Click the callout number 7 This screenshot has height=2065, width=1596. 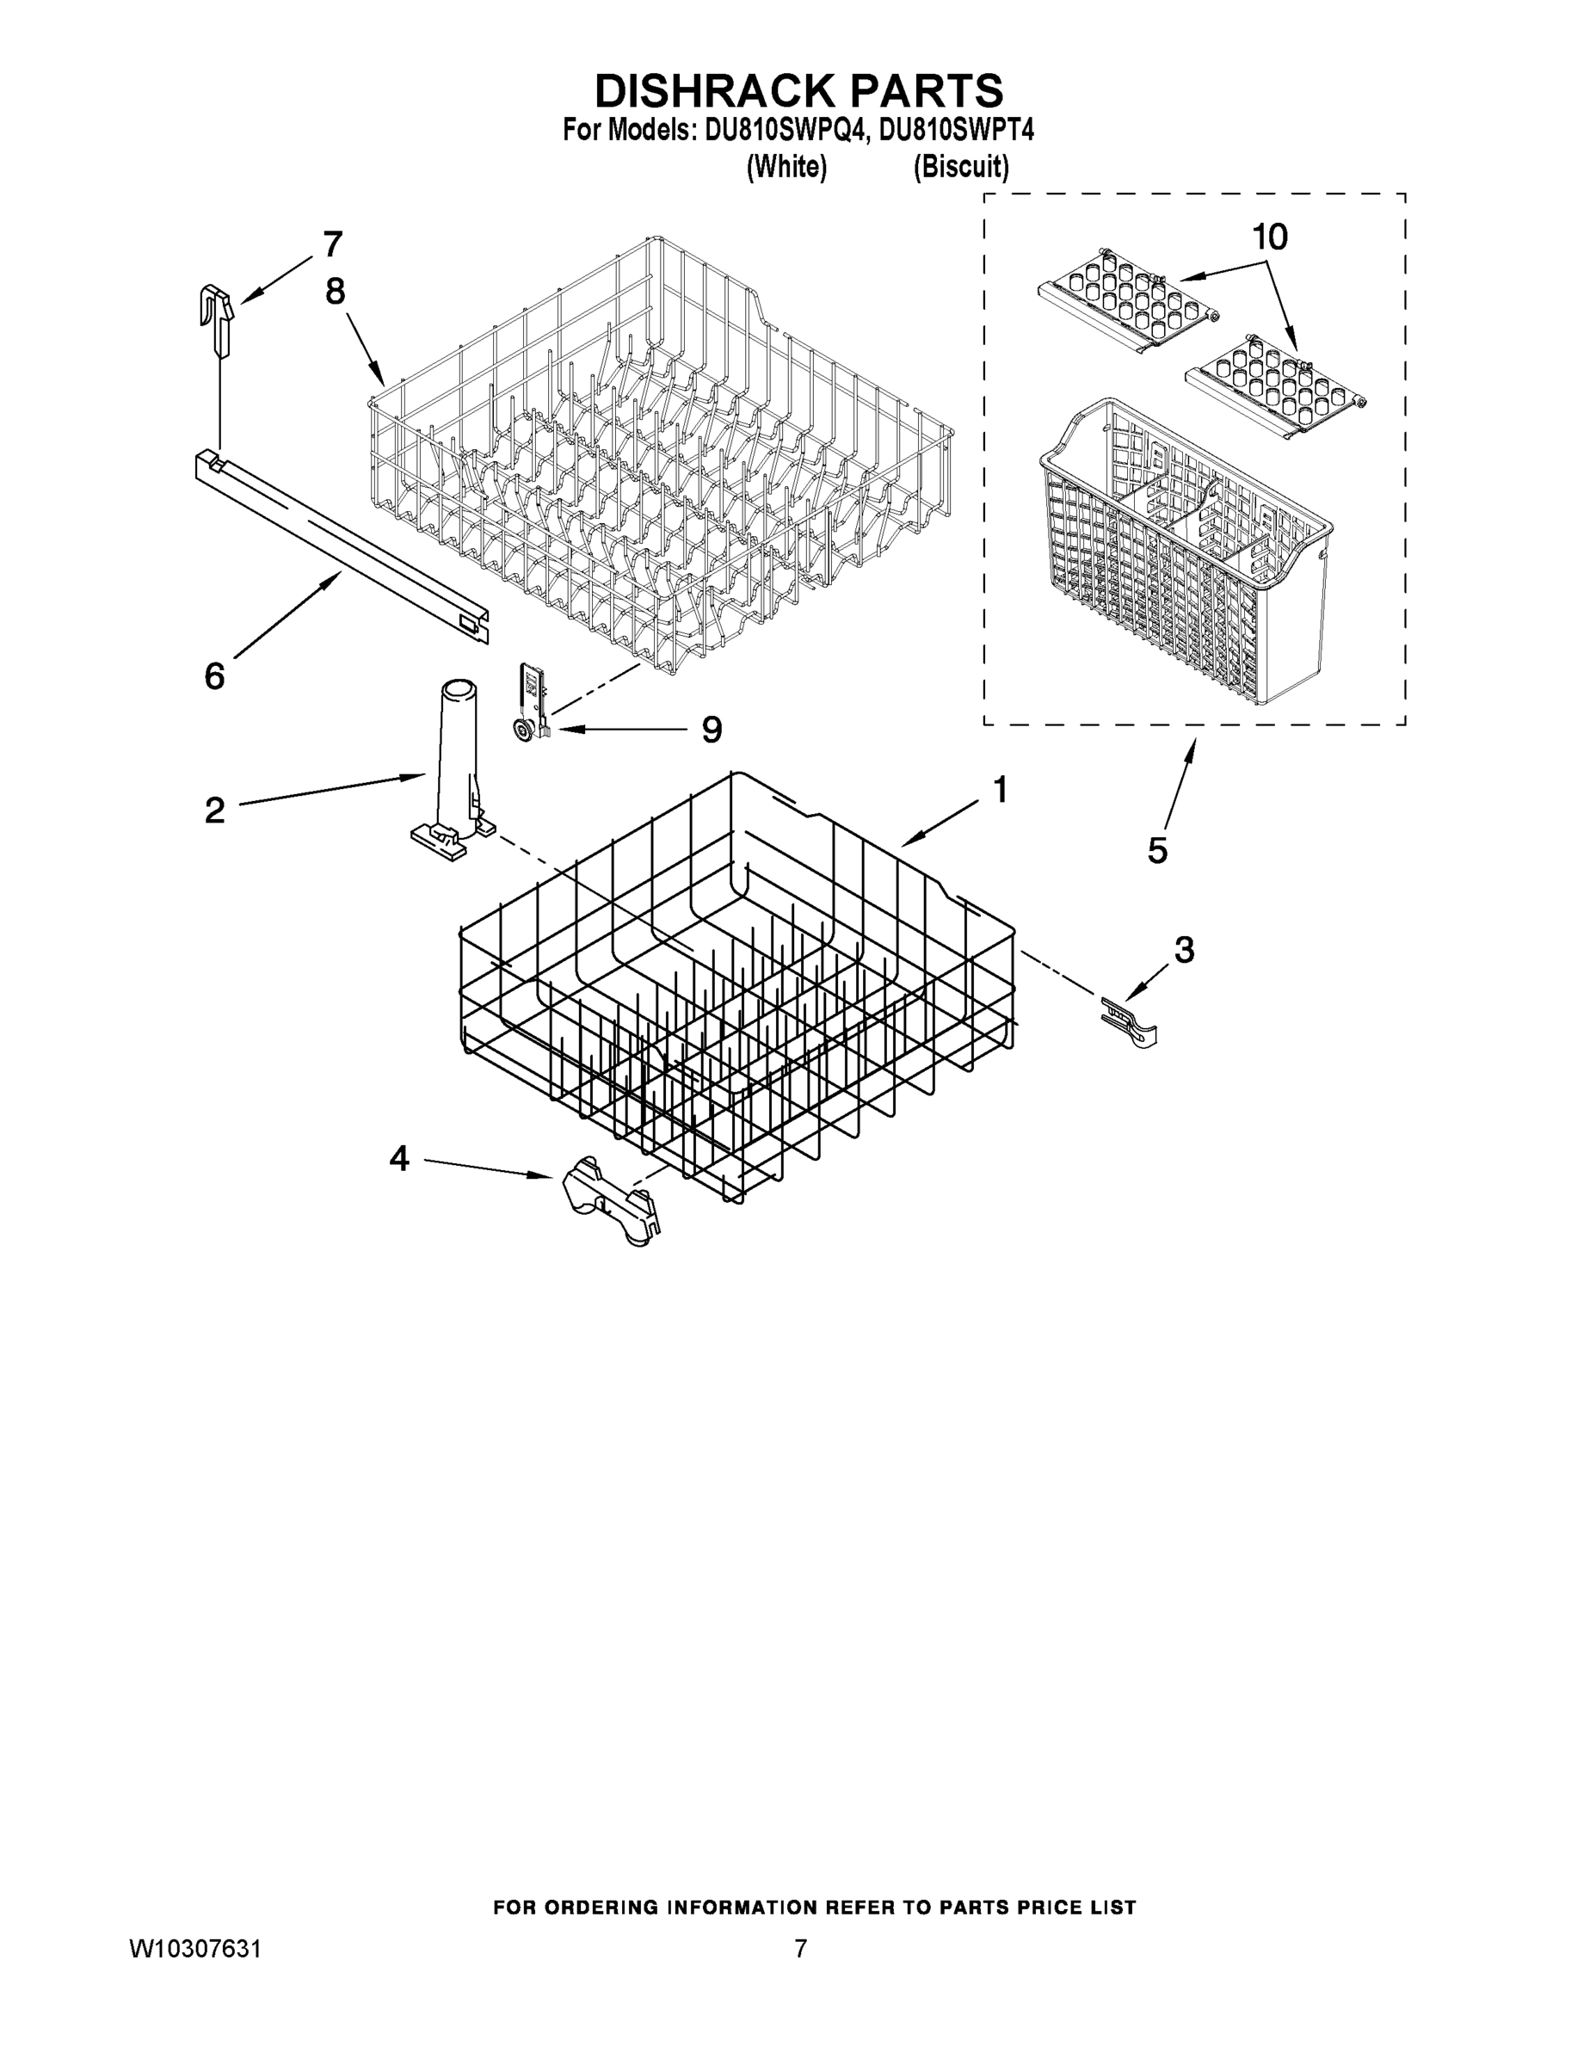pos(332,245)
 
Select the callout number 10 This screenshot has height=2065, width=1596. pos(1270,237)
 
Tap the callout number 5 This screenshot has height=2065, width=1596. pos(1157,851)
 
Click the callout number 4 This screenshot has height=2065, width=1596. pos(399,1158)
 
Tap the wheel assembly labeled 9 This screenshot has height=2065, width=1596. pos(529,705)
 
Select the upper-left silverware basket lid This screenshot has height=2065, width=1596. pos(1125,303)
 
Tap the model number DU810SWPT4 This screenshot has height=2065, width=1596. pos(956,130)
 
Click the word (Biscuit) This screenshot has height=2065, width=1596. pos(961,168)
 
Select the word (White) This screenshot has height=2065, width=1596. pos(786,168)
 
